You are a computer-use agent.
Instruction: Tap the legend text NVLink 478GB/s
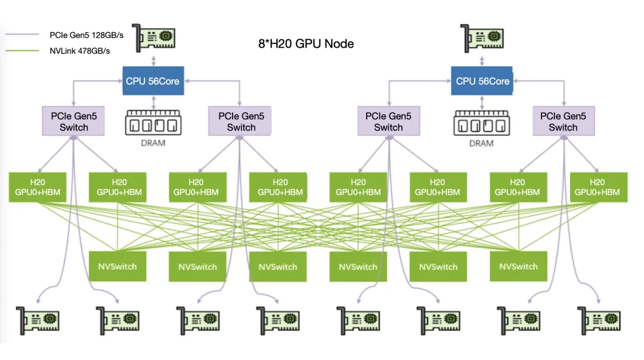(x=80, y=51)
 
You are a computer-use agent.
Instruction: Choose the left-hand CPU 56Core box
(x=153, y=81)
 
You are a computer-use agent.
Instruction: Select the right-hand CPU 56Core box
(x=483, y=81)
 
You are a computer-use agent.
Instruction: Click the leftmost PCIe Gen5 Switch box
(x=74, y=122)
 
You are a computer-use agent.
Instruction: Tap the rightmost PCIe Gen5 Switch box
(x=563, y=122)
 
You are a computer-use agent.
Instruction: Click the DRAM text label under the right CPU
(x=481, y=144)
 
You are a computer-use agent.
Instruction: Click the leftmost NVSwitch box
(x=117, y=266)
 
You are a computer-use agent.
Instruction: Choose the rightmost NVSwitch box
(x=518, y=266)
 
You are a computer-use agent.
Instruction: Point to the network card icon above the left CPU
(x=153, y=39)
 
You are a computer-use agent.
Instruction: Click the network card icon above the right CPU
(x=483, y=39)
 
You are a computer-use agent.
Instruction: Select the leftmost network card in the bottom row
(x=37, y=322)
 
